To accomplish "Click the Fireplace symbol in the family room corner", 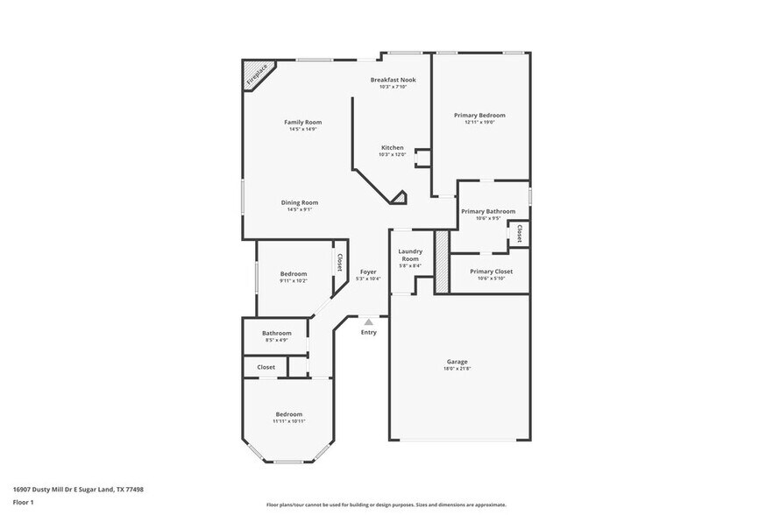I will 257,74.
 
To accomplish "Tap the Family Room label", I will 302,122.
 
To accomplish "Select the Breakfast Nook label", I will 392,80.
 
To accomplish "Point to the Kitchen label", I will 392,147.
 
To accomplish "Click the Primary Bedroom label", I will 479,116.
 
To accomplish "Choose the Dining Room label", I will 299,202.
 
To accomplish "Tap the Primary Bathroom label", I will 488,211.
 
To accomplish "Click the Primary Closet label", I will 491,272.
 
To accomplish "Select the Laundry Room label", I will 409,256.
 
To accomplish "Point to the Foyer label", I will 368,272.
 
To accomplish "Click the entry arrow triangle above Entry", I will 369,322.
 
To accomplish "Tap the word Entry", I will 369,332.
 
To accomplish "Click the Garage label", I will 457,361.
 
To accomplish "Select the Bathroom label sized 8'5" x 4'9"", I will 276,333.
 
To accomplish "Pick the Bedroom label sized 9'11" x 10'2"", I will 294,273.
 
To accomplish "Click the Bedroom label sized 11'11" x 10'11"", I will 289,413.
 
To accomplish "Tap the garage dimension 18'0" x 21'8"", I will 457,369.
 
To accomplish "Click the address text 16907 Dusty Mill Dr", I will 78,490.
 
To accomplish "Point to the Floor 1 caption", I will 23,502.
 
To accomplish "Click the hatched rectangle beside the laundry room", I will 442,261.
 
